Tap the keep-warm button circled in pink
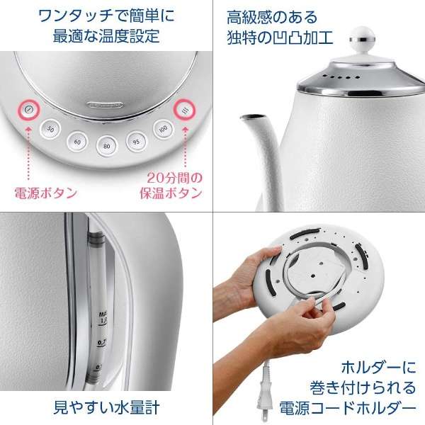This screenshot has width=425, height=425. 186,111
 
